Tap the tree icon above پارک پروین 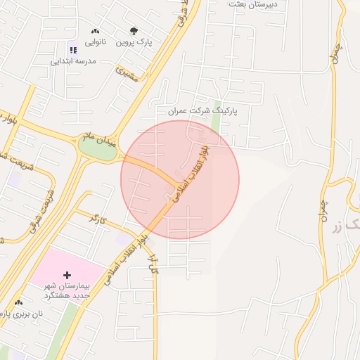pyautogui.click(x=134, y=31)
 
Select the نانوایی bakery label pyautogui.click(x=96, y=42)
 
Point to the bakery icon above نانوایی pyautogui.click(x=95, y=32)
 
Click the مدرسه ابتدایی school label pyautogui.click(x=72, y=60)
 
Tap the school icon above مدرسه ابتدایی pyautogui.click(x=72, y=49)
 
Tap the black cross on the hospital pyautogui.click(x=67, y=274)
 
